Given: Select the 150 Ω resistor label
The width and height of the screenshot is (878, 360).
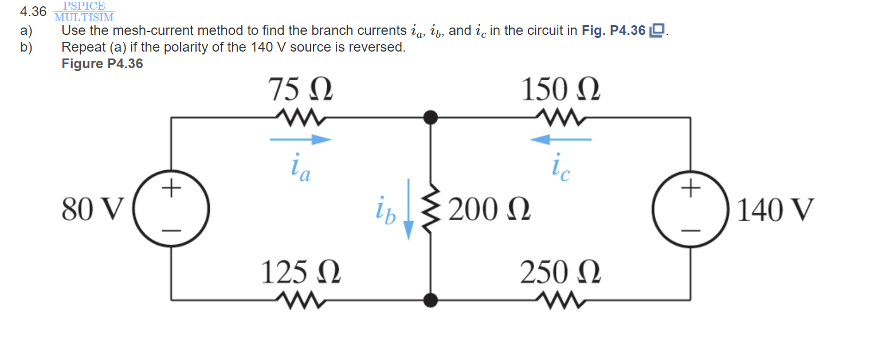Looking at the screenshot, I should tap(560, 91).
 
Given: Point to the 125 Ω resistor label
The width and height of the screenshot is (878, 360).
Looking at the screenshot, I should tap(301, 273).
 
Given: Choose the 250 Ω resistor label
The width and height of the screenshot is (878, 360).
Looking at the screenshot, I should tap(560, 273).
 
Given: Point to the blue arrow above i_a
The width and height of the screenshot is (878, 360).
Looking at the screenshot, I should tap(300, 139).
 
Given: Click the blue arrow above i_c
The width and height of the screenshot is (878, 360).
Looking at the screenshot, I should tap(560, 139).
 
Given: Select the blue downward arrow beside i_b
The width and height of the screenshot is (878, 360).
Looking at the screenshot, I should tap(408, 209).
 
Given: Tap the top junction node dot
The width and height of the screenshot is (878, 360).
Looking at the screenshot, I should tap(430, 118).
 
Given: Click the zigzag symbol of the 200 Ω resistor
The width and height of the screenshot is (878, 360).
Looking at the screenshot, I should tap(429, 209).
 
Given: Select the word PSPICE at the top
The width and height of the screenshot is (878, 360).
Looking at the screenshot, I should tap(84, 6).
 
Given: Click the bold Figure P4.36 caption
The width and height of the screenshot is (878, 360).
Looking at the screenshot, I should tap(102, 64).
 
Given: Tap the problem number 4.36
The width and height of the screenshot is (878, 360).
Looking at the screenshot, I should tap(33, 11).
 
